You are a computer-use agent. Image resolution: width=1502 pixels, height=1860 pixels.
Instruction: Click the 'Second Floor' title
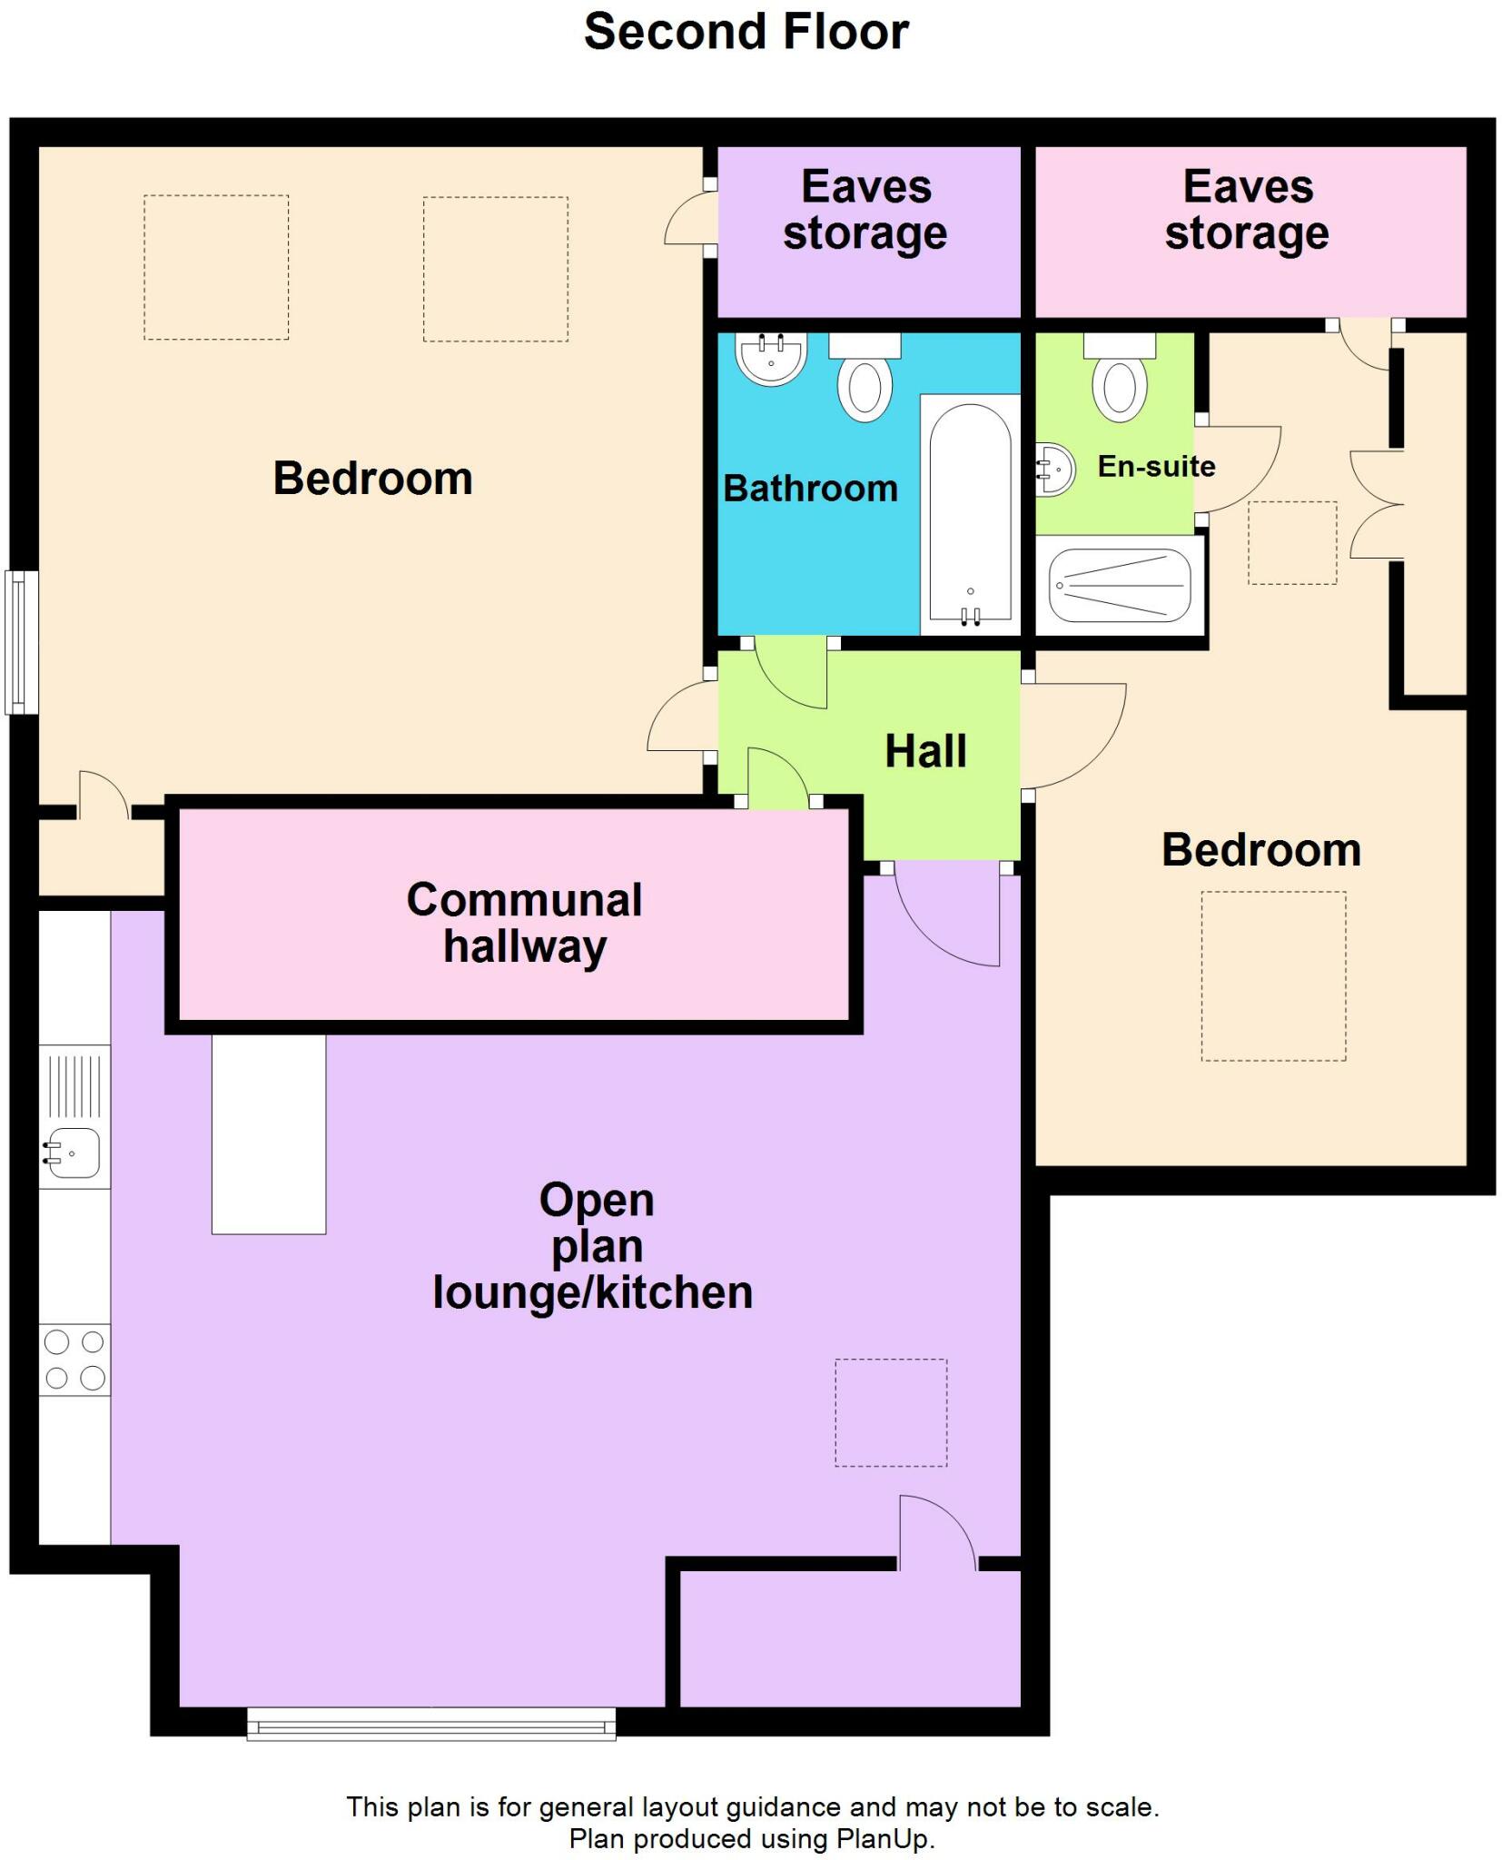point(746,32)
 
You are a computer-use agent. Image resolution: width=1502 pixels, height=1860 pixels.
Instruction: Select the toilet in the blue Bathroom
point(865,376)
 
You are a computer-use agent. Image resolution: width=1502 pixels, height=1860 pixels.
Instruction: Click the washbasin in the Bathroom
point(771,359)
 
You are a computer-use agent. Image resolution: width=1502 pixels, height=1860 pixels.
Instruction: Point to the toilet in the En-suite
point(1120,376)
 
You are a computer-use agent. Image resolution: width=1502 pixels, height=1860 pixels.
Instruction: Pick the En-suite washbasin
point(1055,470)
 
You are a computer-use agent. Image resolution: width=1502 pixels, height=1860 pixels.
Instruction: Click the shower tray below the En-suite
point(1120,586)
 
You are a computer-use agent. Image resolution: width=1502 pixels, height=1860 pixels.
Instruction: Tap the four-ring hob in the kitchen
point(74,1360)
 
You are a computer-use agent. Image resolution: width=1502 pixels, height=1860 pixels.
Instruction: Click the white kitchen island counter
point(269,1134)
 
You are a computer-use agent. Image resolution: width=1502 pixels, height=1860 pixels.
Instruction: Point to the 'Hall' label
point(925,751)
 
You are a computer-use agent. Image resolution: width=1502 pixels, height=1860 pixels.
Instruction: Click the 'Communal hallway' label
point(525,923)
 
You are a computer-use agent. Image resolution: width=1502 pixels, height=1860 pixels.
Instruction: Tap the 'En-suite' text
point(1156,466)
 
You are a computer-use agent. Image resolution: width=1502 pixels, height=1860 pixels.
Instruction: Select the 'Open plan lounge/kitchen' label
point(593,1246)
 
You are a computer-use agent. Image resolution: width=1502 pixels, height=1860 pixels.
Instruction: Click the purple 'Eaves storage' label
point(865,210)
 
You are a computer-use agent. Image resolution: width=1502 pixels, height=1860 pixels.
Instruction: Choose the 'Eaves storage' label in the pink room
point(1247,210)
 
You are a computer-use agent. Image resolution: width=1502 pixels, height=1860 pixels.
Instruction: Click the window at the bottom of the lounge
point(431,1723)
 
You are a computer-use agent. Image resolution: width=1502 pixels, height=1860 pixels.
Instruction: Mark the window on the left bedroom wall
point(22,642)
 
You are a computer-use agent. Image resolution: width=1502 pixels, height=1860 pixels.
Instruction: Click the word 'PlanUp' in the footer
point(882,1839)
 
